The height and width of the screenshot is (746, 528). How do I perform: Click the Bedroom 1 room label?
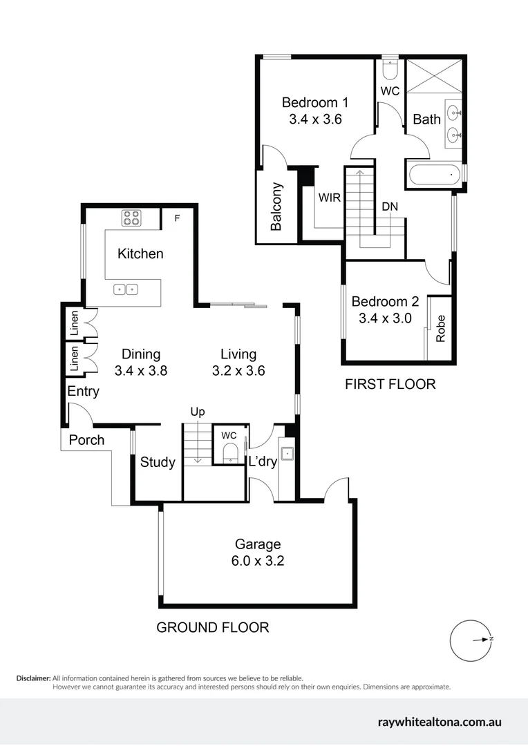point(315,102)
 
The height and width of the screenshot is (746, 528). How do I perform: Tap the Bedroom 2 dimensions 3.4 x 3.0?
point(385,318)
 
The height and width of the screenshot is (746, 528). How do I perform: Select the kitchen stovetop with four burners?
point(131,218)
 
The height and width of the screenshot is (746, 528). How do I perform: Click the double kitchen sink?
point(126,289)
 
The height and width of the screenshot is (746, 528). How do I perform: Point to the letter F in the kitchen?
point(177,218)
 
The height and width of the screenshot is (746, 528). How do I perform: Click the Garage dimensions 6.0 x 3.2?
point(257,561)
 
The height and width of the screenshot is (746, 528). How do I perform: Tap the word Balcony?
point(276,207)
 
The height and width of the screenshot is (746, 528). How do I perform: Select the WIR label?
point(329,197)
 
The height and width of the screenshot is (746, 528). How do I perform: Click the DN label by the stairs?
point(389,207)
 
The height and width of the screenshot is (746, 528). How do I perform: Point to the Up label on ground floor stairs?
point(198,412)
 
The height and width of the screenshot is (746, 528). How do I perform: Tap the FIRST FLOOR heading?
point(390,384)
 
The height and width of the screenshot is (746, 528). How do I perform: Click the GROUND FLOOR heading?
point(212,627)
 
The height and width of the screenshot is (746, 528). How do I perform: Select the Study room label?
point(158,462)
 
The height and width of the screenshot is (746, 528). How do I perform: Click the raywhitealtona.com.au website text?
point(440,723)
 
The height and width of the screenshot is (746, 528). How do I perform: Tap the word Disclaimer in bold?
point(33,678)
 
